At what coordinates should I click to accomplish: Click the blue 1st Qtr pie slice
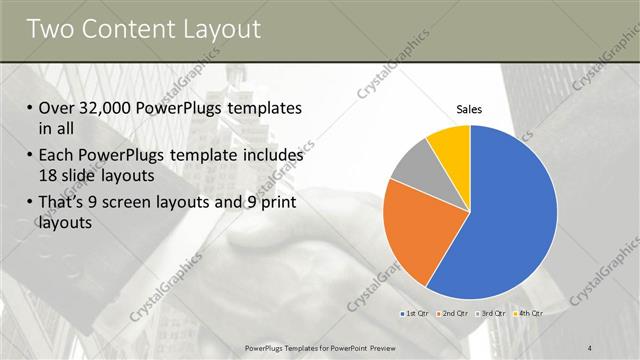[x=500, y=210]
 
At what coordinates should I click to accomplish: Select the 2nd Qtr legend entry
[x=453, y=314]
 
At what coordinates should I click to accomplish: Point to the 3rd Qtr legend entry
[x=490, y=314]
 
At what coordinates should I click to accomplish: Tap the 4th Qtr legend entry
[x=527, y=314]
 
